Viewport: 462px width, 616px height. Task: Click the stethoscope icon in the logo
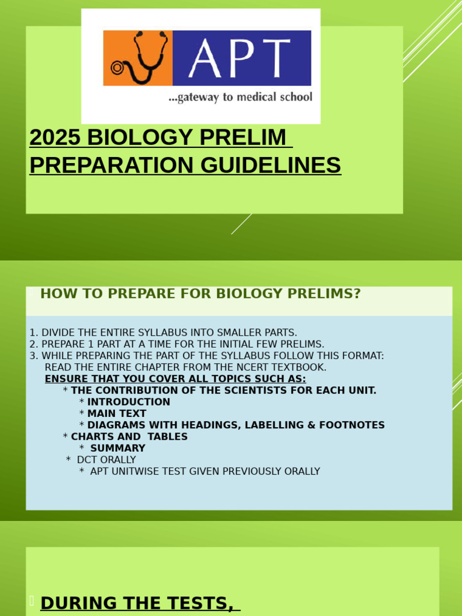coord(138,58)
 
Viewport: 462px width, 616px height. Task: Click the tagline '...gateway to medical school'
coord(240,97)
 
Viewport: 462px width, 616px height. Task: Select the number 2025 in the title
coord(55,138)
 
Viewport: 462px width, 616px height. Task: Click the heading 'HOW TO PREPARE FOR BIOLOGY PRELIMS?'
coord(200,294)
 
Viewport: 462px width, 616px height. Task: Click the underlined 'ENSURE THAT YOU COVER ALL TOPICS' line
coord(175,379)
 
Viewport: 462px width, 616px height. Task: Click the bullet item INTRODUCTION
coord(129,402)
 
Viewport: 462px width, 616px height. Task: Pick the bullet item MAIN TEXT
coord(117,413)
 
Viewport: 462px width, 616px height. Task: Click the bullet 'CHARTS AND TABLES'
coord(129,437)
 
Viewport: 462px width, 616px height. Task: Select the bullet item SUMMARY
coord(117,448)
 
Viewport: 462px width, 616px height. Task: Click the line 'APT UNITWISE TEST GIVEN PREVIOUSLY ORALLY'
coord(205,472)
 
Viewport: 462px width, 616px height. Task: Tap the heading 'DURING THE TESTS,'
coord(137,603)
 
